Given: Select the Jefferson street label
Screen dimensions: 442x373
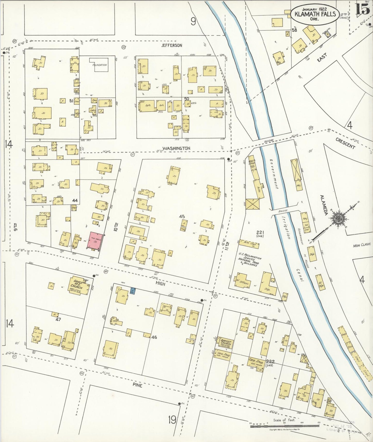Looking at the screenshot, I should click(172, 45).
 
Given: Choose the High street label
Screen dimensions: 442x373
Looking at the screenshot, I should click(160, 283).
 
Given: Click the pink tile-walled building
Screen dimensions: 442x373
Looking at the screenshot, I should click(96, 241).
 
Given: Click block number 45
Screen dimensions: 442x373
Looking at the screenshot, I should click(182, 216).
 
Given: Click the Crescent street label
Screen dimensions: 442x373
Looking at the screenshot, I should click(345, 143).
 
